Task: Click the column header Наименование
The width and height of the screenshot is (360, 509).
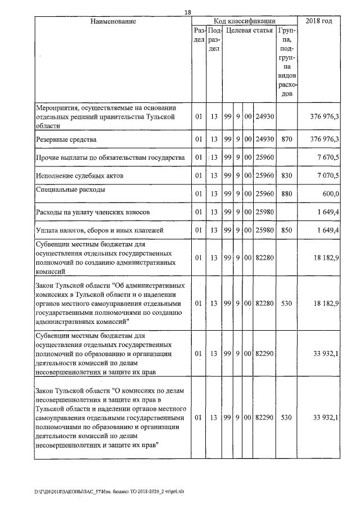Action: (x=113, y=21)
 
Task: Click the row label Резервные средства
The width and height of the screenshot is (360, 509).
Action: (x=66, y=139)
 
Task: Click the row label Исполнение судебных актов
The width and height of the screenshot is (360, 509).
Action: (x=76, y=175)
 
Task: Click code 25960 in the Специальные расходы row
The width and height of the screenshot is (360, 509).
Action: (x=264, y=194)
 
